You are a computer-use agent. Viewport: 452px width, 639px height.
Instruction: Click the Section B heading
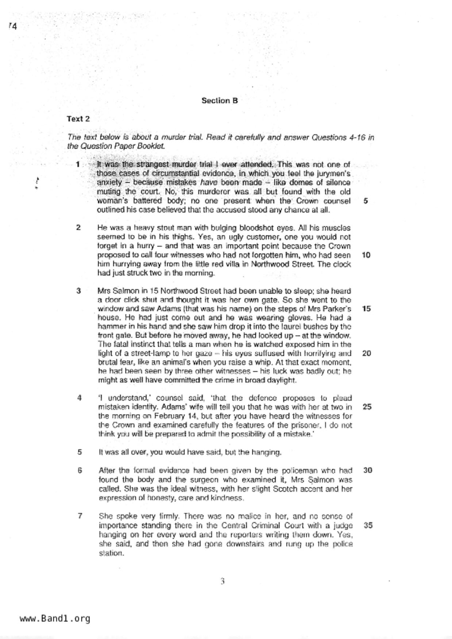click(220, 101)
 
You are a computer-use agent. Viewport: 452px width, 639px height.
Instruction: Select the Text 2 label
click(78, 119)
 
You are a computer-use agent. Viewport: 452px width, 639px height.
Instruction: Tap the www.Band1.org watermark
click(55, 618)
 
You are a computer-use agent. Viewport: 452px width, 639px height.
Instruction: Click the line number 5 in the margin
click(366, 201)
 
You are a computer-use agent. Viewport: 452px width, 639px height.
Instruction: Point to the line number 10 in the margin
click(366, 255)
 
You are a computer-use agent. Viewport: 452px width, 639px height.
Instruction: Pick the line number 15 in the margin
click(366, 309)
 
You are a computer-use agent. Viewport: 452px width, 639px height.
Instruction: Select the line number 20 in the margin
click(367, 353)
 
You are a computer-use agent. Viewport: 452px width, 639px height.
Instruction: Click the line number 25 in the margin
click(367, 407)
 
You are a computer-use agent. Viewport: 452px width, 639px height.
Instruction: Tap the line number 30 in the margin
click(367, 470)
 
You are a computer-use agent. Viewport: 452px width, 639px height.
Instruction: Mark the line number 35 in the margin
click(368, 525)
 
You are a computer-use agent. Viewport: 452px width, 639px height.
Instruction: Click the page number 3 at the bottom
click(222, 581)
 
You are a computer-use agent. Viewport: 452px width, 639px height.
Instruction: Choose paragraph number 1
click(78, 164)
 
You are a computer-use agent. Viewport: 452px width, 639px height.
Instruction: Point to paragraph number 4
click(79, 398)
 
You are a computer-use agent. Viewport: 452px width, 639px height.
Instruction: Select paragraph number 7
click(80, 516)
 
